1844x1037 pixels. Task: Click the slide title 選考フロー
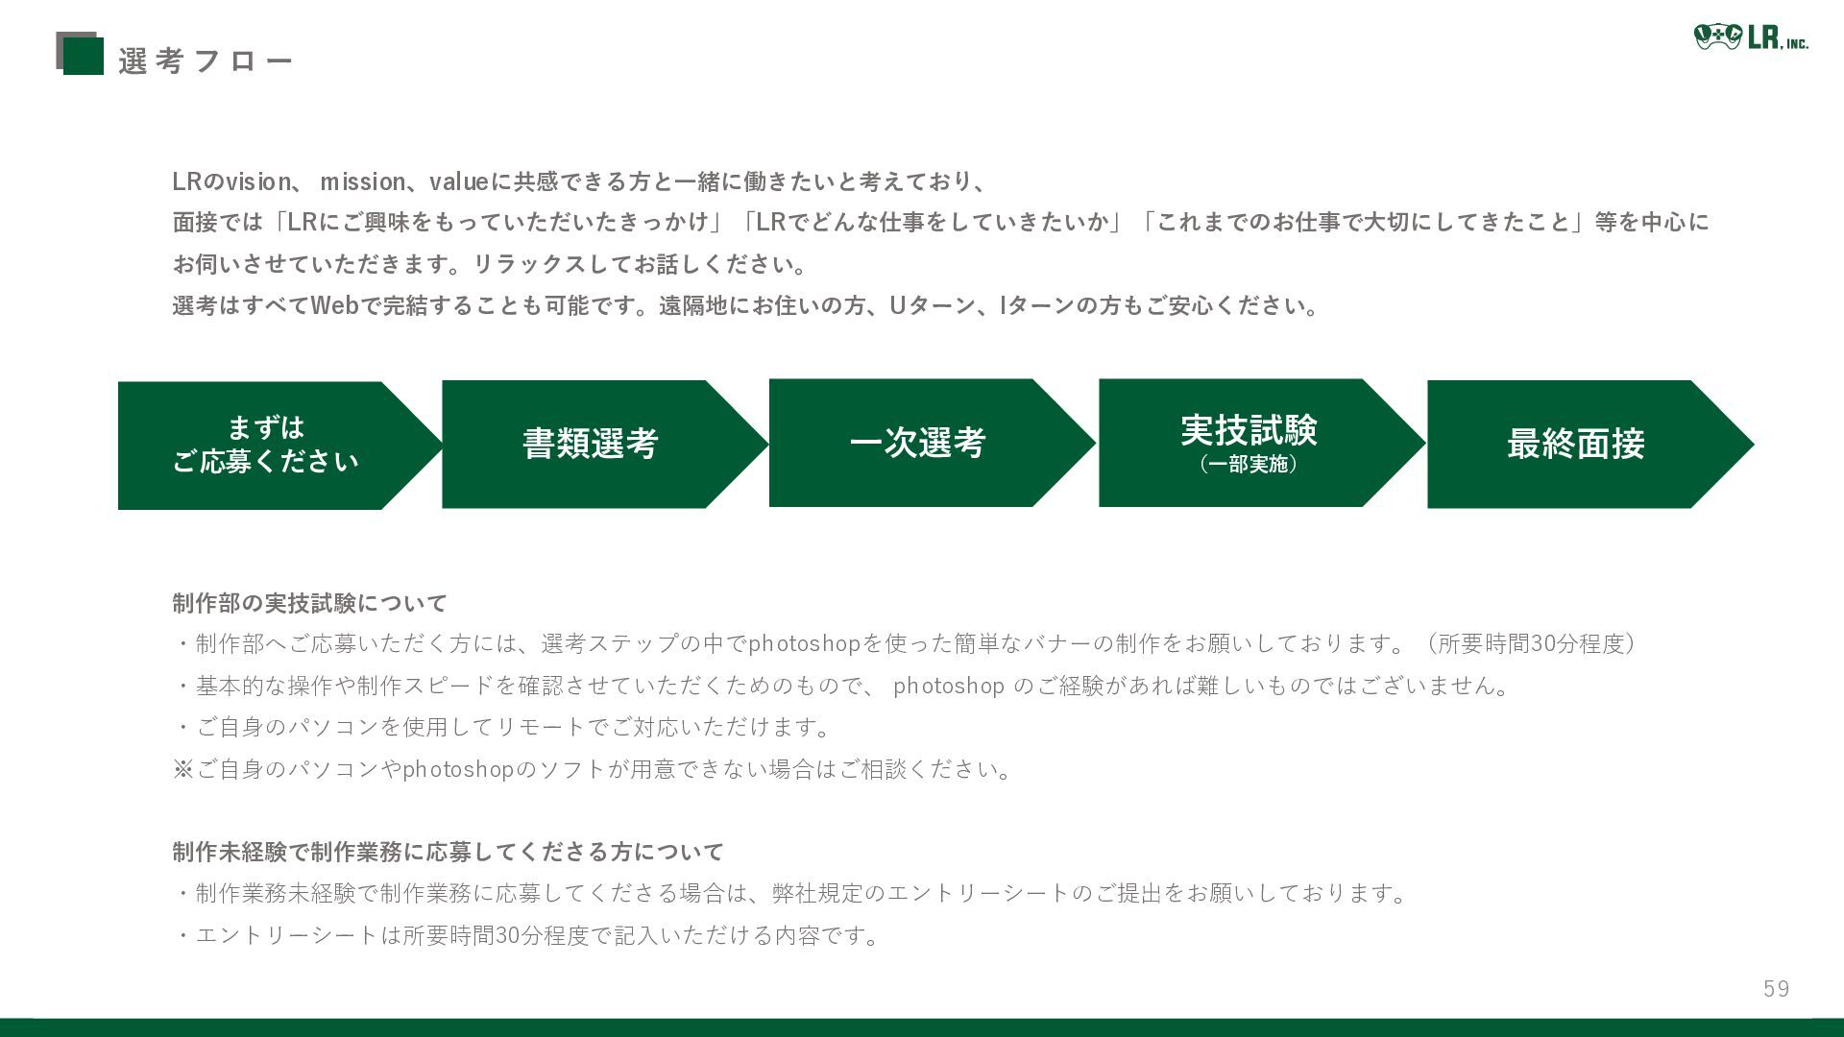[x=206, y=61]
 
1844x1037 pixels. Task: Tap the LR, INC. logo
[x=1751, y=37]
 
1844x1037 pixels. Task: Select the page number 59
[x=1776, y=989]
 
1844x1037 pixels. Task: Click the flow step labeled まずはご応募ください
[x=265, y=445]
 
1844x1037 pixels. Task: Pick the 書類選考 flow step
[x=590, y=444]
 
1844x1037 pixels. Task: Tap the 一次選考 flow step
[x=917, y=443]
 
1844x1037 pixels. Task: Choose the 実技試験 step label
[x=1249, y=429]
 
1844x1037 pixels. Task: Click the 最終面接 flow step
[x=1575, y=444]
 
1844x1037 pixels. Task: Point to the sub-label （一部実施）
[x=1249, y=465]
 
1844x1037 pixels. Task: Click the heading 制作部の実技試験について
[x=309, y=603]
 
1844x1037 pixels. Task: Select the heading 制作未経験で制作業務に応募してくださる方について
[x=448, y=852]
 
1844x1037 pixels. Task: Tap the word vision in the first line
[x=257, y=181]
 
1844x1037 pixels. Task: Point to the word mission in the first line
[x=362, y=181]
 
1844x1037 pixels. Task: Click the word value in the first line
[x=459, y=181]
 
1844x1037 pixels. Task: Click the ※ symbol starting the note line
[x=182, y=769]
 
